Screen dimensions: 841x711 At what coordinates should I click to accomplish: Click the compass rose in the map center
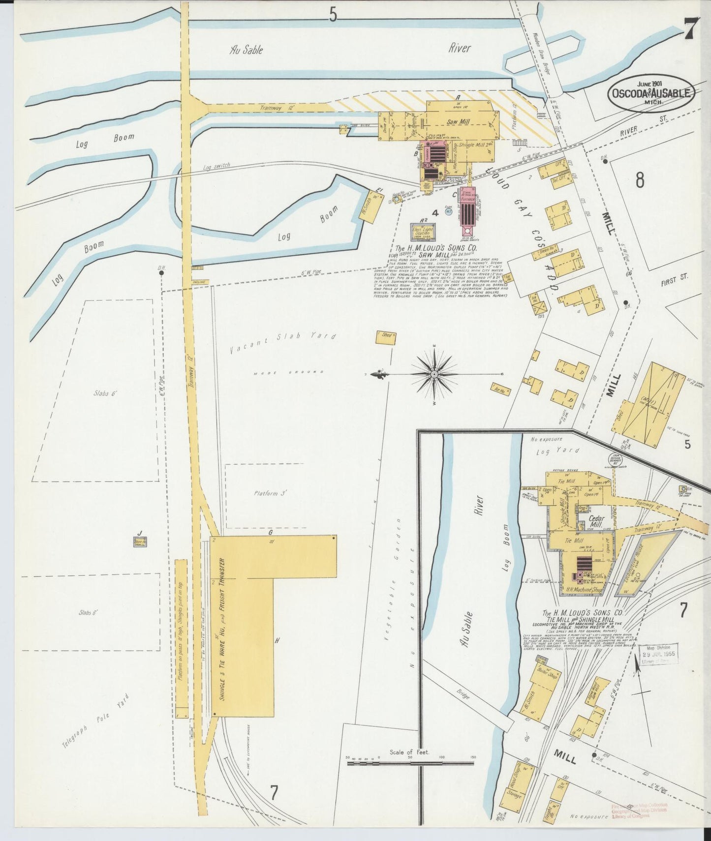click(x=434, y=374)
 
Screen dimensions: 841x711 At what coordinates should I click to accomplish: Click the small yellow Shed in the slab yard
click(x=386, y=337)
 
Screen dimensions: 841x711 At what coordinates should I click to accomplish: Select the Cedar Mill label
click(x=596, y=521)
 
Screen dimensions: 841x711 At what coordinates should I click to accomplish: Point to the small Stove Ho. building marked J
click(x=140, y=542)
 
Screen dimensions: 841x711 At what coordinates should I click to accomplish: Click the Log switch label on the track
click(x=216, y=166)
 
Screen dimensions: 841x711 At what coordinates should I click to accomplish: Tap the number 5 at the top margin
click(x=333, y=16)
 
